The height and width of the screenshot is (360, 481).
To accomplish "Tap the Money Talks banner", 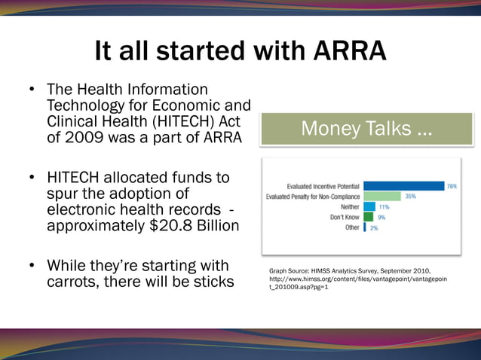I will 366,129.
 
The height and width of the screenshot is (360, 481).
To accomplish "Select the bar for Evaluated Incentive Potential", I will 403,185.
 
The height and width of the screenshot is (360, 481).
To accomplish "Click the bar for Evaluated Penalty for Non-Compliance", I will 382,196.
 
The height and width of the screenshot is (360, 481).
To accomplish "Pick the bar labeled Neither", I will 369,206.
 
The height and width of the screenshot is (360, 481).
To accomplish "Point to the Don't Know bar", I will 368,217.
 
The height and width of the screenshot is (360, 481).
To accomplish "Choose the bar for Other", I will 365,227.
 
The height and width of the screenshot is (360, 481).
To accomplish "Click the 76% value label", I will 452,185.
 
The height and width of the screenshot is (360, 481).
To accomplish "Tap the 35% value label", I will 411,196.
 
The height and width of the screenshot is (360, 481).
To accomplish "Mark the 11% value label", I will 384,206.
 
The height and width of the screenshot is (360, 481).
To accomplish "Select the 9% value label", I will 381,217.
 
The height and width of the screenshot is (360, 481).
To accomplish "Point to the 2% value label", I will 374,227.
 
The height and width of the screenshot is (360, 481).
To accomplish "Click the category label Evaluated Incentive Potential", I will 323,185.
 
